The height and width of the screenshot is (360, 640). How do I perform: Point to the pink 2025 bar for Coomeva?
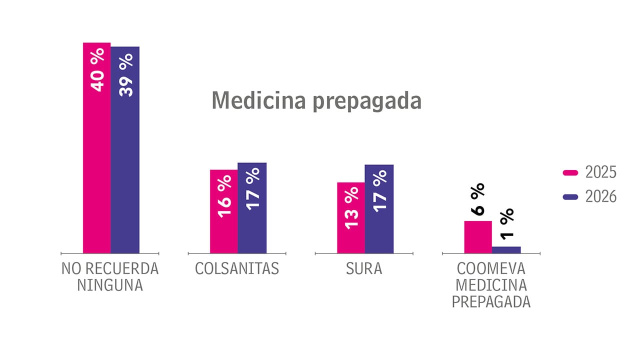pos(478,237)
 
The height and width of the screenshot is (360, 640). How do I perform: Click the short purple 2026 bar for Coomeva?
pos(506,249)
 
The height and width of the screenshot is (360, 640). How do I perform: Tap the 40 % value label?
pos(97,69)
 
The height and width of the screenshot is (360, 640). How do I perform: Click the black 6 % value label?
pos(478,199)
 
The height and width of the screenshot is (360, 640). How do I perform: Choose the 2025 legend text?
pos(601,172)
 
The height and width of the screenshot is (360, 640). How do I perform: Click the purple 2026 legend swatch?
pos(570,197)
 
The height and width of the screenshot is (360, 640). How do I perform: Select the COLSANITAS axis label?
pos(237,269)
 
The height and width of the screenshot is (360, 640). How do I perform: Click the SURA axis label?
pos(364,269)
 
